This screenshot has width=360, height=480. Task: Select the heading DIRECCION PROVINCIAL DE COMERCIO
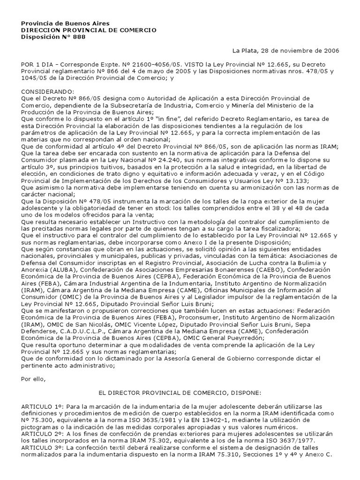pyautogui.click(x=89, y=30)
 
